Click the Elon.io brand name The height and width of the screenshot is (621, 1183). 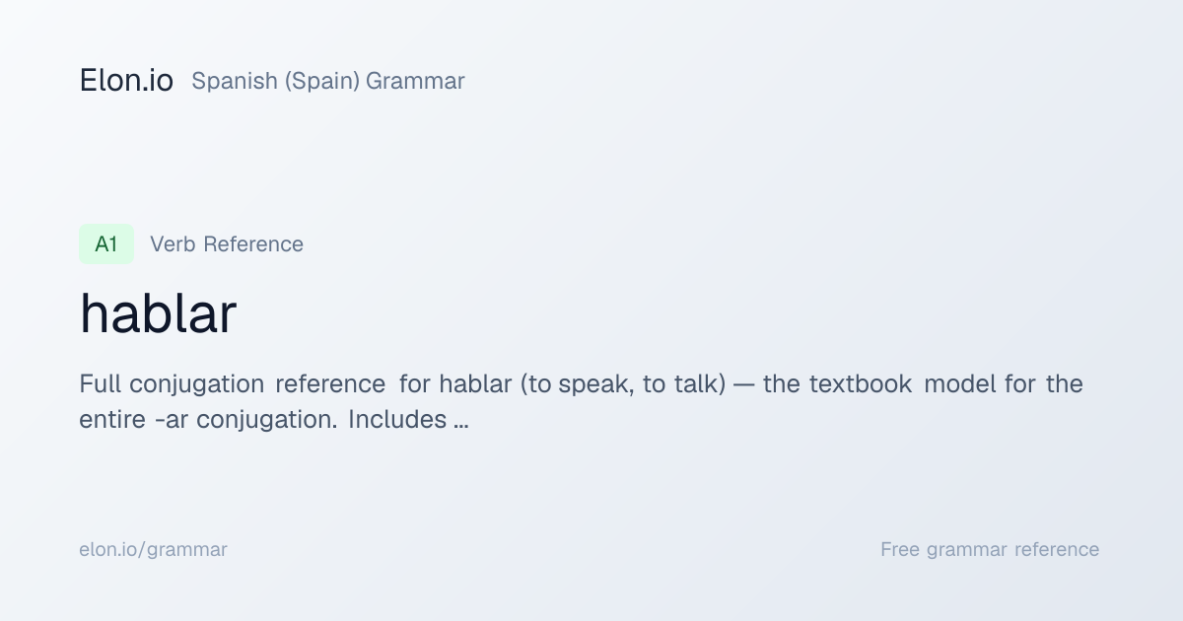(126, 81)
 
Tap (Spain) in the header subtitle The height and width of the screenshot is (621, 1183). (322, 81)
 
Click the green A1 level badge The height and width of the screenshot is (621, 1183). (106, 244)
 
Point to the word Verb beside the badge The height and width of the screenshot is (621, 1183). (173, 244)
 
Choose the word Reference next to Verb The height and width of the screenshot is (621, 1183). (253, 244)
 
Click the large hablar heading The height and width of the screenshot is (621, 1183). (158, 314)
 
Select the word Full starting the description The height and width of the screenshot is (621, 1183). (100, 383)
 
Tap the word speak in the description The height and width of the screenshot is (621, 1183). (596, 383)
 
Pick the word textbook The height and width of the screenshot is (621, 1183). (861, 383)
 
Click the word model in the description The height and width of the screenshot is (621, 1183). (960, 383)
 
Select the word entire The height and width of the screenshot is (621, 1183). (112, 420)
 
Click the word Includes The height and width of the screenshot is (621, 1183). (397, 420)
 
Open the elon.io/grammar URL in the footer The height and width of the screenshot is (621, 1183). (153, 550)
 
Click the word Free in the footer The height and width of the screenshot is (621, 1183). (900, 550)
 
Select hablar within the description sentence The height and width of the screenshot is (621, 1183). (475, 383)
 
